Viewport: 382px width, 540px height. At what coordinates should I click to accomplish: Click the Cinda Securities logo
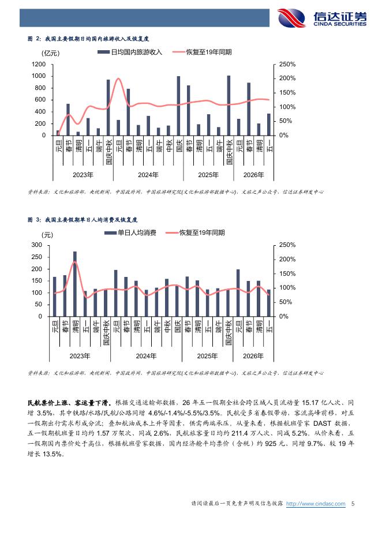(x=322, y=17)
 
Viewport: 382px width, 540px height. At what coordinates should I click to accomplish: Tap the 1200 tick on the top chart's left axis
(x=39, y=65)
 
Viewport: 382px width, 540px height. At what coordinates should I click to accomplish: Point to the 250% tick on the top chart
(x=287, y=65)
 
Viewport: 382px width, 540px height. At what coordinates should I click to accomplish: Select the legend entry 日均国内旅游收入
(x=130, y=52)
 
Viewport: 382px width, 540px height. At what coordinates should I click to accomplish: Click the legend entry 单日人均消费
(x=130, y=233)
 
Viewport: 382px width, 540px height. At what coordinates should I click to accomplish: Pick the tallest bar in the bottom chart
(x=75, y=284)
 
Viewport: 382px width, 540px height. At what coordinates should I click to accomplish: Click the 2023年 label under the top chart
(x=83, y=175)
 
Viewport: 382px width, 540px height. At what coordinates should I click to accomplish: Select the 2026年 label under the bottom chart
(x=253, y=356)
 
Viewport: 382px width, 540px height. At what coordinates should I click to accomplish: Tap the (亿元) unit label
(x=51, y=53)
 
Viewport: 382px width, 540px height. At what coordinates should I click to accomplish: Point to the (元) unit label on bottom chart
(x=47, y=235)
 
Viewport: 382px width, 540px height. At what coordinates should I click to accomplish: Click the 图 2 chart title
(x=88, y=39)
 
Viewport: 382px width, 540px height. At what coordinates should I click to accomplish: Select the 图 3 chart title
(x=83, y=220)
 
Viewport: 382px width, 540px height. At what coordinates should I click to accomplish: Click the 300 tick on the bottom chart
(x=36, y=245)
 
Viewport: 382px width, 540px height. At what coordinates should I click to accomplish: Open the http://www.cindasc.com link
(x=316, y=504)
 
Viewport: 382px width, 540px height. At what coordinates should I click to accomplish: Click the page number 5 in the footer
(x=353, y=504)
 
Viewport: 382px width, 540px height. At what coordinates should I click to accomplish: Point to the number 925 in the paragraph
(x=271, y=444)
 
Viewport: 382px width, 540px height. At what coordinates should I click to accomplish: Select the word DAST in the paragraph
(x=322, y=423)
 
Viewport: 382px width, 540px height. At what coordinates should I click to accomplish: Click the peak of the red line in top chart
(x=118, y=78)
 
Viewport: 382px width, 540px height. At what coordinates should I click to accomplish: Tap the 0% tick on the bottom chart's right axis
(x=283, y=316)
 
